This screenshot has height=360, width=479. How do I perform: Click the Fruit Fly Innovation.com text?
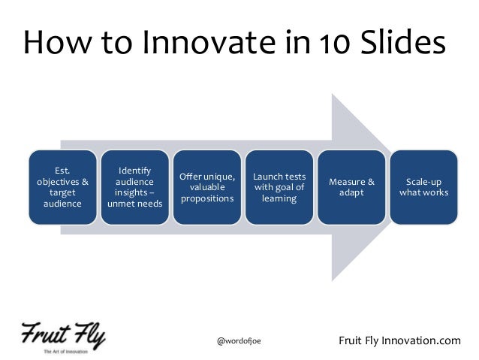[x=400, y=341]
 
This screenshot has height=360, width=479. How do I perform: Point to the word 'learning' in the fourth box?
[x=279, y=198]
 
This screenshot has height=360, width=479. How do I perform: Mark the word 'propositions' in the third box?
[x=206, y=198]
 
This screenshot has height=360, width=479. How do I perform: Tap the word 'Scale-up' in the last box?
[x=424, y=181]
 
